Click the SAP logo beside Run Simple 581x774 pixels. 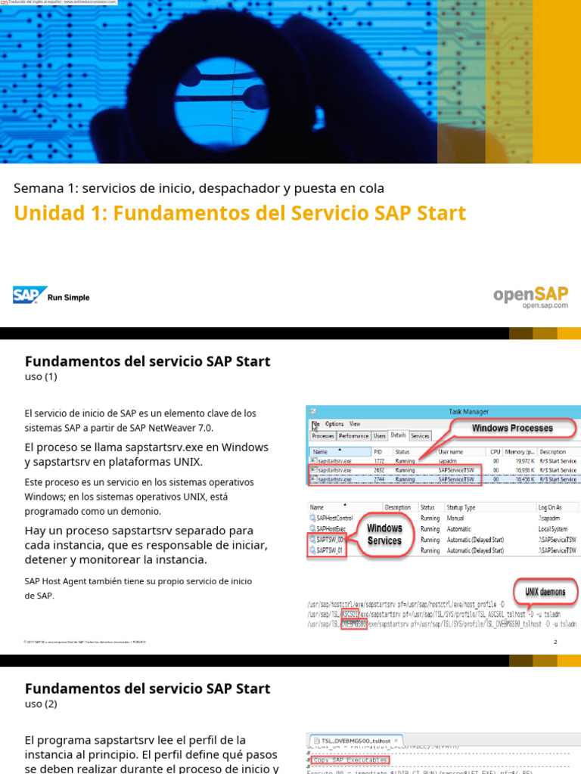coord(30,296)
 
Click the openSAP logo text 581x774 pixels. coord(530,294)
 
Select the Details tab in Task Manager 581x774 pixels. coord(398,436)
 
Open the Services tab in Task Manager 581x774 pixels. coord(420,436)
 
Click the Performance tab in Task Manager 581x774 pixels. coord(353,436)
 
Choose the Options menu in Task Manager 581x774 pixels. coord(334,424)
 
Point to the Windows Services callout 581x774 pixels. coord(385,534)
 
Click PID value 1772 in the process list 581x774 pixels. coord(379,460)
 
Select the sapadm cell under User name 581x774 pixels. coord(449,460)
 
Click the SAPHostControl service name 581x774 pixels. coord(334,518)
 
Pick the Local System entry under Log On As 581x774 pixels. coord(553,529)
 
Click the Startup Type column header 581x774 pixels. coord(461,507)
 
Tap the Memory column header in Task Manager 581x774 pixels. coord(520,451)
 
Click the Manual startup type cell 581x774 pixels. coord(456,518)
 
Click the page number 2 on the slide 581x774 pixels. coord(555,642)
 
